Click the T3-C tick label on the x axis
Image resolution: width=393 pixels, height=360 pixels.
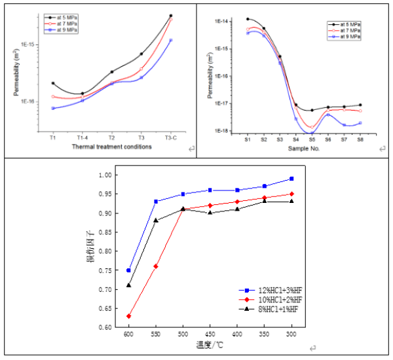tap(171, 137)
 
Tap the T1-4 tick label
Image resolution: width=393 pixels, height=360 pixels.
tap(82, 137)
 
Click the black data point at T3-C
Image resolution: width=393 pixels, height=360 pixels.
tap(171, 16)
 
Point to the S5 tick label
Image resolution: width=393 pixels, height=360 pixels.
tap(312, 139)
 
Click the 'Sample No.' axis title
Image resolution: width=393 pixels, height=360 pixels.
tap(303, 149)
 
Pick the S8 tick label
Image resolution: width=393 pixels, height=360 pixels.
tap(360, 139)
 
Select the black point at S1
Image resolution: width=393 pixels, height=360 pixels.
tap(248, 20)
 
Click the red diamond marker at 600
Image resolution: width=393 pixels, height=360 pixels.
tap(129, 316)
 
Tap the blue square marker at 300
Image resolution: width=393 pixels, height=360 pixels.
tap(291, 179)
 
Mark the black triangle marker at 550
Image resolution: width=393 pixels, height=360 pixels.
tap(156, 220)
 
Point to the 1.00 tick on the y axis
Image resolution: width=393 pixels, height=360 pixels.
tap(105, 175)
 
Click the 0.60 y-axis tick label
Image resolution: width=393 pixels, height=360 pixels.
tap(105, 327)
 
